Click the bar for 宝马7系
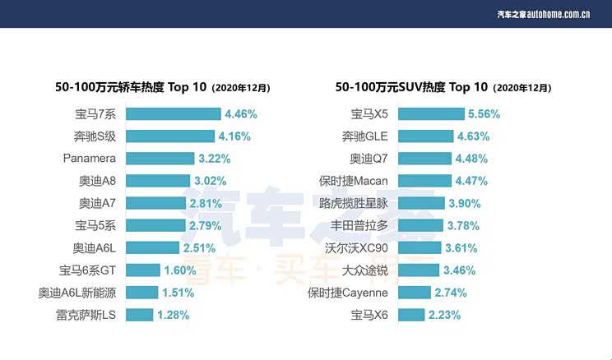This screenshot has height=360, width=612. pyautogui.click(x=173, y=114)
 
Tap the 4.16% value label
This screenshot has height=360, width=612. pyautogui.click(x=234, y=136)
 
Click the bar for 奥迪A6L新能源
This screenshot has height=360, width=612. pyautogui.click(x=141, y=292)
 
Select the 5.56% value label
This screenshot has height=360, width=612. pyautogui.click(x=484, y=114)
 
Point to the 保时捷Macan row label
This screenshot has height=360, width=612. pyautogui.click(x=359, y=181)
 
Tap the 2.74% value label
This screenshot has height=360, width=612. pyautogui.click(x=451, y=292)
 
